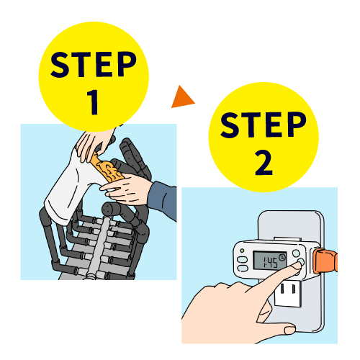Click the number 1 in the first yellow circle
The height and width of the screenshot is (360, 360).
[93, 102]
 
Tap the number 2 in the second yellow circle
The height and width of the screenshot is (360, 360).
[264, 163]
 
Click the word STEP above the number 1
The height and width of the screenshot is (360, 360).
[94, 64]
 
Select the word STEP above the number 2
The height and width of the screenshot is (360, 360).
[264, 125]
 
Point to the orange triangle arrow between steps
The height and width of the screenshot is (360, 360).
[181, 98]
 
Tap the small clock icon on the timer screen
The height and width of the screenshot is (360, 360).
[282, 257]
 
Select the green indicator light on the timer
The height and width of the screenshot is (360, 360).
[242, 251]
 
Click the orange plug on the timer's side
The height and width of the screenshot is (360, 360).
[325, 261]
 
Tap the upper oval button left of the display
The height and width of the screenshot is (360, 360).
[242, 260]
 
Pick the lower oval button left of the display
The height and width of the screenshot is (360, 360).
[243, 269]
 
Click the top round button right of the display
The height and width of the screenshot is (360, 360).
[296, 253]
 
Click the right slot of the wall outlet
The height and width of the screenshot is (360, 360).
[293, 289]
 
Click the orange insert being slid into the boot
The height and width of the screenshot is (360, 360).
[107, 168]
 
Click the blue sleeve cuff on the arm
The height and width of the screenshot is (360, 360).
[163, 197]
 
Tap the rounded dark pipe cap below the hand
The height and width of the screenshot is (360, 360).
[111, 209]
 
